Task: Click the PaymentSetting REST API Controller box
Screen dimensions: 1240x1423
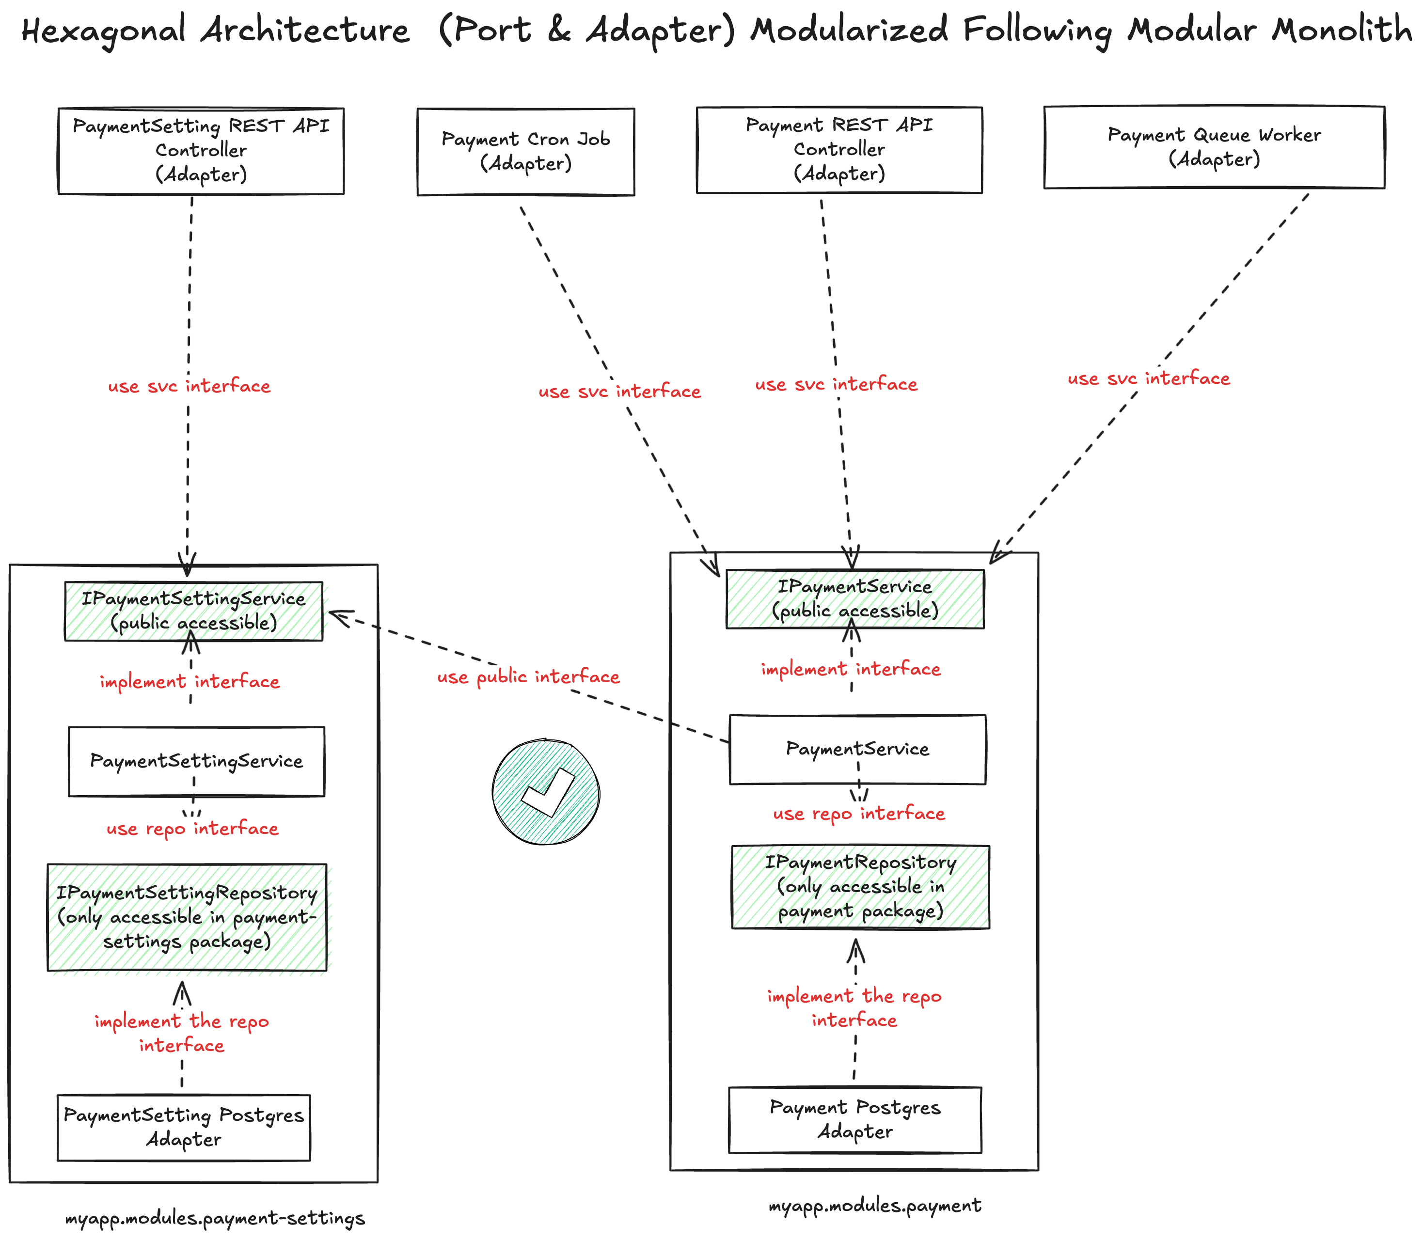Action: [201, 151]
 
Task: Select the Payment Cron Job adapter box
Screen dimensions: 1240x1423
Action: [525, 152]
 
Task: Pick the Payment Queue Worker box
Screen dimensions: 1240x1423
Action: [1214, 147]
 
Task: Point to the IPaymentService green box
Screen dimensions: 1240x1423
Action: [855, 598]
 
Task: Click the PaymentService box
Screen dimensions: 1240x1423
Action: [857, 749]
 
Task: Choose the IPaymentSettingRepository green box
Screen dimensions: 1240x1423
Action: [187, 917]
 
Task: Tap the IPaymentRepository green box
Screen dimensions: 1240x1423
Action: [860, 886]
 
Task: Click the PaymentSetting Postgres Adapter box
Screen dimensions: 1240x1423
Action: [183, 1127]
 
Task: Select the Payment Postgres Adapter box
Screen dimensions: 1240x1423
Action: [855, 1120]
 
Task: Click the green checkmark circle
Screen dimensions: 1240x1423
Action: [546, 792]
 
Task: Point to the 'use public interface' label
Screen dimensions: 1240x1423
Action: [528, 677]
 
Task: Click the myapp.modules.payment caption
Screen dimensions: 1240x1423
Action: [875, 1206]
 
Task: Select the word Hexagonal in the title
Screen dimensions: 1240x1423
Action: [104, 31]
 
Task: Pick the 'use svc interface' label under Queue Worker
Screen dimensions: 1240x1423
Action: [1148, 378]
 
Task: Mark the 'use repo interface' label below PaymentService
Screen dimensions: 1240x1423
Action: [859, 814]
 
